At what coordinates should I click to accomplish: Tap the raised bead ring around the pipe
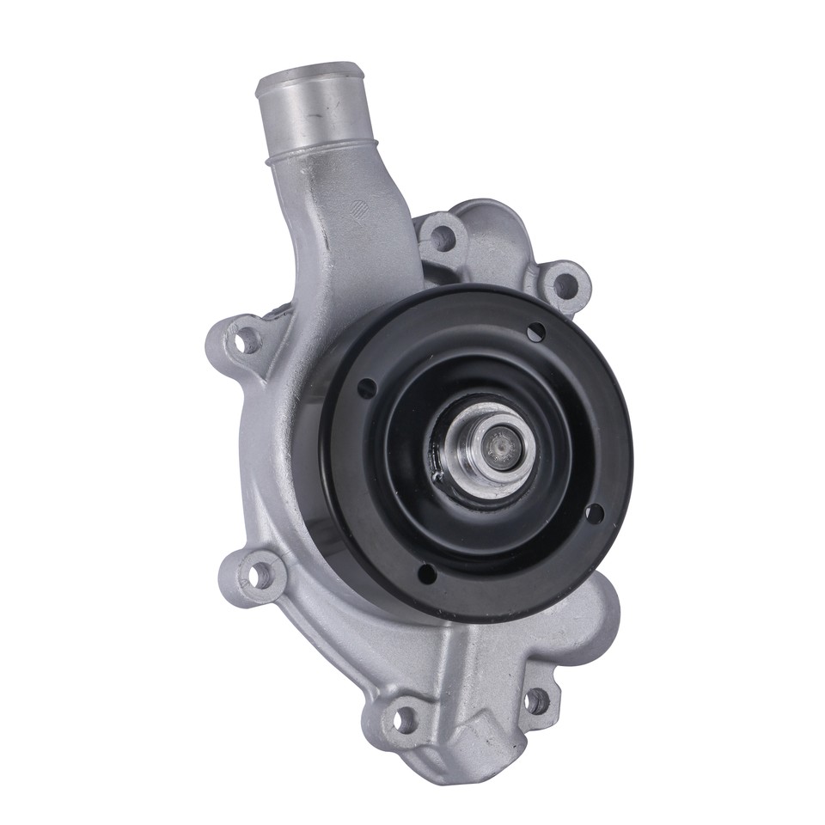[327, 151]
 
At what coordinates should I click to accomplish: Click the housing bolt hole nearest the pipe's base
[442, 235]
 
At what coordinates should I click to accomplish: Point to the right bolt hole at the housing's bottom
[539, 701]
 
